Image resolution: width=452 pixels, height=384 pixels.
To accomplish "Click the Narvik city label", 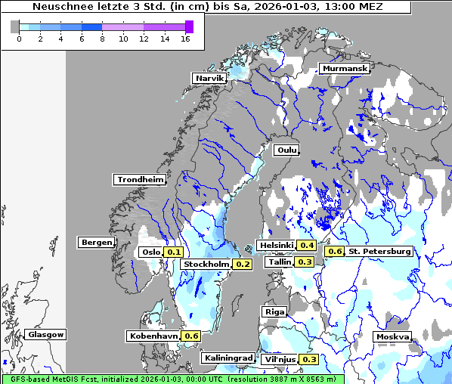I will point(209,78).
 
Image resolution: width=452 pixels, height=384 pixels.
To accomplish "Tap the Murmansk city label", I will point(345,69).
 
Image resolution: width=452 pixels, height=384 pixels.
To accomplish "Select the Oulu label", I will point(286,150).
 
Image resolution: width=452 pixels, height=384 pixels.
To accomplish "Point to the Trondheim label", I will point(140,180).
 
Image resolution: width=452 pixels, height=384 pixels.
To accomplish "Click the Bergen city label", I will point(95,243).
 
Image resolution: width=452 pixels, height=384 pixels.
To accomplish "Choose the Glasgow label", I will point(46,334).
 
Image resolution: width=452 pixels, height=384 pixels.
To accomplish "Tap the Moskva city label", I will point(392,337).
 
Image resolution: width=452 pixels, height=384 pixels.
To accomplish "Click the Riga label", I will point(274,311).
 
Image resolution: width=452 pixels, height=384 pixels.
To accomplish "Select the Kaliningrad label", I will point(228,358).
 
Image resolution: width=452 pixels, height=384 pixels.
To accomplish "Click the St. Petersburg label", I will point(380,251).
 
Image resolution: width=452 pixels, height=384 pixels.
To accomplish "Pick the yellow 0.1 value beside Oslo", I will point(174,252).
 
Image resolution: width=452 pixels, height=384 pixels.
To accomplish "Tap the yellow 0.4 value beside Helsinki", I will point(307,245).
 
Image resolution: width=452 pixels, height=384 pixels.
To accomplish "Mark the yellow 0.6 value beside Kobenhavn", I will point(191,336).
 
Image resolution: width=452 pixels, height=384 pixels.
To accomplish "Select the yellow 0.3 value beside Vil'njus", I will point(308,359).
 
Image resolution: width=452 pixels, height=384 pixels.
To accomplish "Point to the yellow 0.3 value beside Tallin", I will point(305,262).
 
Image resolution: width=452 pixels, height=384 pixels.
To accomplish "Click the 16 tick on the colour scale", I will point(185,39).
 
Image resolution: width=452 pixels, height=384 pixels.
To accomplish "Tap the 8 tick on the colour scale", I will point(102,39).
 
